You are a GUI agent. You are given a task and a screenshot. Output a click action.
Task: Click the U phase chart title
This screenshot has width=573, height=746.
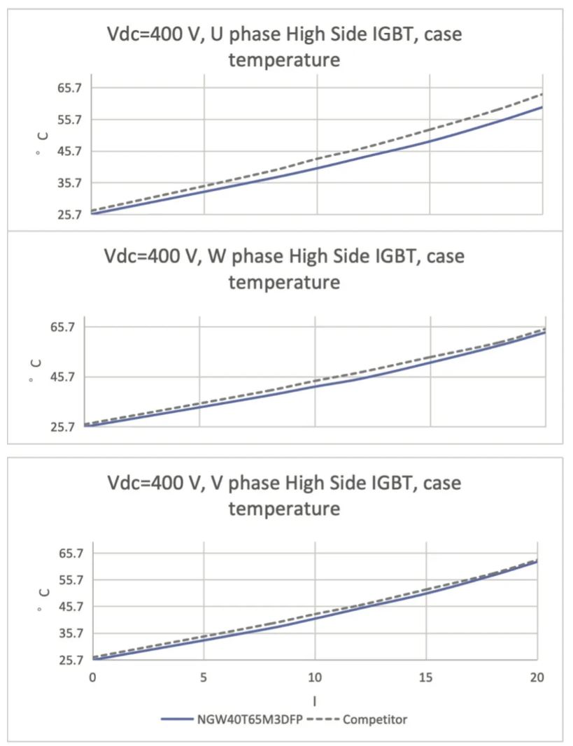click(x=284, y=45)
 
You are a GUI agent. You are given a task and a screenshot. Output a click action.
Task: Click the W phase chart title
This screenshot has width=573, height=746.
click(x=284, y=269)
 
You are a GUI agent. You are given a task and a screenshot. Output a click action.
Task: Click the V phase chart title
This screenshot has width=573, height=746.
click(x=284, y=495)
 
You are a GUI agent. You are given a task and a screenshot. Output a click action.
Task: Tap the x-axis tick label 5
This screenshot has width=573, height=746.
click(x=204, y=679)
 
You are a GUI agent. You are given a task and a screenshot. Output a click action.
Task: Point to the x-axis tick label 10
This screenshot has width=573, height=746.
click(x=315, y=679)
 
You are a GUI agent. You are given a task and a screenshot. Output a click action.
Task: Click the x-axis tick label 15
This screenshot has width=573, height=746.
click(x=426, y=679)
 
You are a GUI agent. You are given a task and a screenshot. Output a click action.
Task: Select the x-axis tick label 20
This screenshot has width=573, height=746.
click(x=537, y=679)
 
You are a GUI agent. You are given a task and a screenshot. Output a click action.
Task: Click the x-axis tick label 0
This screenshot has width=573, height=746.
click(x=92, y=679)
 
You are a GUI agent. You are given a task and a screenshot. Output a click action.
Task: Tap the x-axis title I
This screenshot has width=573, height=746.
click(x=315, y=700)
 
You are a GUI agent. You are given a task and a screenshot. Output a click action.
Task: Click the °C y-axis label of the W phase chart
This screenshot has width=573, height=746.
click(x=36, y=371)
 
